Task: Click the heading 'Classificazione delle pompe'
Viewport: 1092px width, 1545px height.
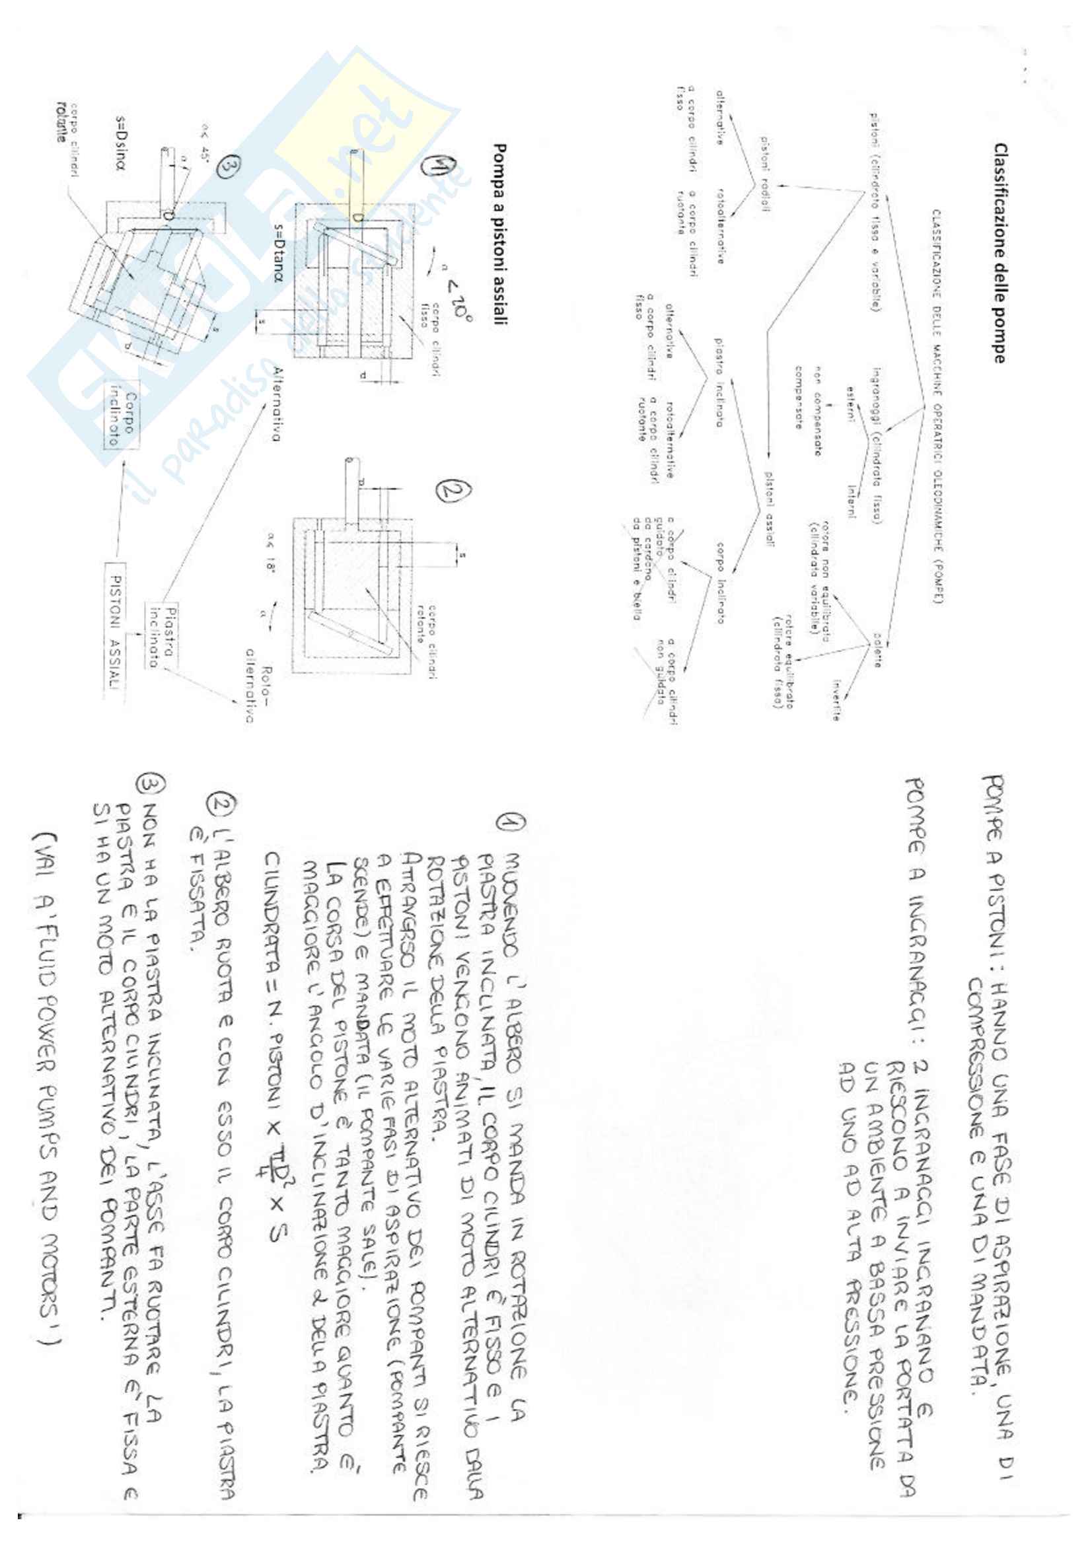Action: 999,252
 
